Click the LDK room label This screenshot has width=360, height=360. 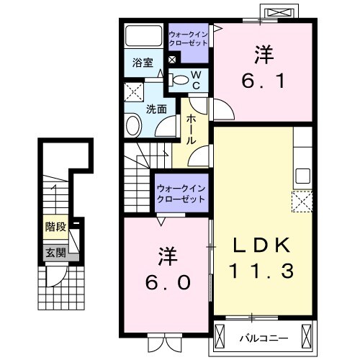[262, 246]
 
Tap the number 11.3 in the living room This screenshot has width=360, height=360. [262, 271]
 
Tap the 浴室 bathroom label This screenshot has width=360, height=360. [143, 63]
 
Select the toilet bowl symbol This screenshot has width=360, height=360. [182, 80]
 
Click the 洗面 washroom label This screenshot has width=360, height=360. [157, 109]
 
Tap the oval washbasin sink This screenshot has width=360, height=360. [134, 127]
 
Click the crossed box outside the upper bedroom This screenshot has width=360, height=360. [281, 14]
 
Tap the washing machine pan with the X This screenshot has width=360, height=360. [133, 92]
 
